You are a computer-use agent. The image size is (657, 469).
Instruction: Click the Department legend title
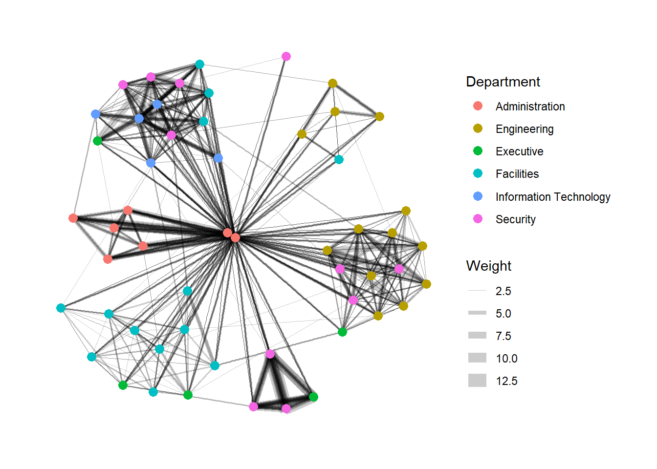pos(503,82)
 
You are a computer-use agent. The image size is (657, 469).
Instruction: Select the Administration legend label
pos(530,107)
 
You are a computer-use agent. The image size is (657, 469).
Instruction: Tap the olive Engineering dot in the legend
pos(478,128)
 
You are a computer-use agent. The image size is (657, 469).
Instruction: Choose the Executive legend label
pos(519,151)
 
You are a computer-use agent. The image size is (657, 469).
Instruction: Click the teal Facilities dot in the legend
pos(478,173)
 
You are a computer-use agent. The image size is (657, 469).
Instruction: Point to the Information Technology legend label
pos(552,197)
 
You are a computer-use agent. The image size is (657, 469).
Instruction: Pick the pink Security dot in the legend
pos(478,219)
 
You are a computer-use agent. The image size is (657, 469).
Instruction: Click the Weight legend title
pos(488,266)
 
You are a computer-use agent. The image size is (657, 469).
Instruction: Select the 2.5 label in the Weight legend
pos(503,291)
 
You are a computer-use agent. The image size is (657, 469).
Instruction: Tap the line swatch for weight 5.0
pos(477,313)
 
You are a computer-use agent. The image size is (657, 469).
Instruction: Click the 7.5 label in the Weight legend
pos(503,336)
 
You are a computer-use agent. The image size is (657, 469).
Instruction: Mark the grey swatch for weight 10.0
pos(477,358)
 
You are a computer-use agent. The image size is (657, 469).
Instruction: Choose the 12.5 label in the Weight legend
pos(506,381)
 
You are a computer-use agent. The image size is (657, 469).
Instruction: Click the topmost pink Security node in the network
pos(286,57)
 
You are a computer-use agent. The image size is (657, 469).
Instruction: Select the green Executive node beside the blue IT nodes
pos(97,141)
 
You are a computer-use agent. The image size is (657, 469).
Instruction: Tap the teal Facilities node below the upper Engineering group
pos(339,159)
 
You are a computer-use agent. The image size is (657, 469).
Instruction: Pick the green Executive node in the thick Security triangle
pos(313,397)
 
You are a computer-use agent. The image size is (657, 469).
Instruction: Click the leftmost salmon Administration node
pos(73,218)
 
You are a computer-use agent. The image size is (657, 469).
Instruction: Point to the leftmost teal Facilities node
pos(61,308)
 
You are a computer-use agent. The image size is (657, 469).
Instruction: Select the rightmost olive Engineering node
pos(426,284)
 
